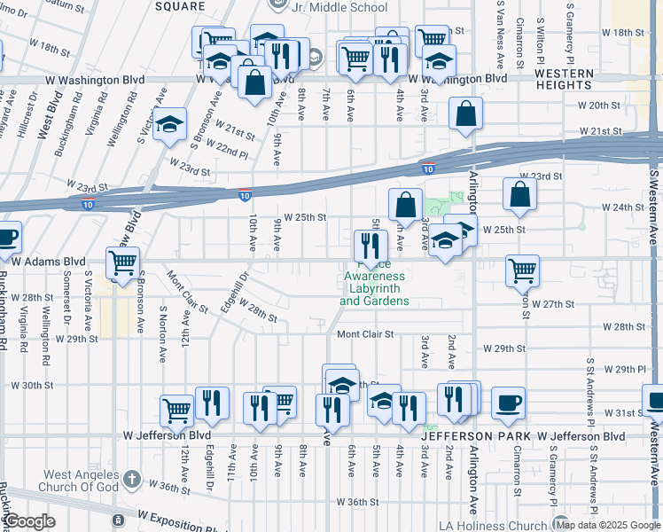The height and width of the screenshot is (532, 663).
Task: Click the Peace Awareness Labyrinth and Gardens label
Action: [374, 282]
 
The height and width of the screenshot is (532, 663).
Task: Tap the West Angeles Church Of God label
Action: [82, 481]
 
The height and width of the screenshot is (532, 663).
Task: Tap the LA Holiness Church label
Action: [487, 526]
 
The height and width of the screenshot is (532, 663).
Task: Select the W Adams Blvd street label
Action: [48, 262]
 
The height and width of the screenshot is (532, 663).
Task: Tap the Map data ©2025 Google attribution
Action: [608, 525]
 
